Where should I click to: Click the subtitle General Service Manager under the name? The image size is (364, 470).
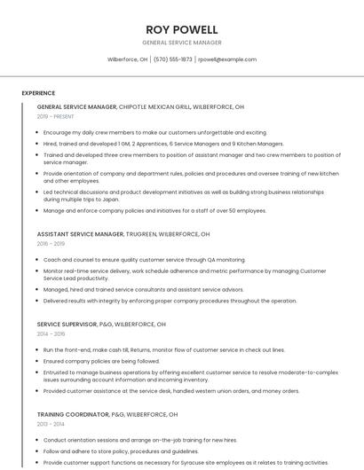point(182,43)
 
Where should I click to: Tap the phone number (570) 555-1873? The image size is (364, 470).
point(172,59)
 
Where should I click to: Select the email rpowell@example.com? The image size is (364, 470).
point(227,59)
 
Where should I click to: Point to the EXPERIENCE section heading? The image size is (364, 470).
point(38,93)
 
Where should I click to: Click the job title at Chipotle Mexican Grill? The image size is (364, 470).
point(76,106)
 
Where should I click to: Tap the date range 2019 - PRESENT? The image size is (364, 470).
point(56,116)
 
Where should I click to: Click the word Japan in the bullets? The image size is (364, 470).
point(110,200)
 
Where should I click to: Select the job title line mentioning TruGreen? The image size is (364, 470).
point(123,234)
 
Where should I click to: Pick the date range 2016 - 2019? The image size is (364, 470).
point(51,243)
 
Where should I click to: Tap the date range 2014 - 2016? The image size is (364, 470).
point(51,333)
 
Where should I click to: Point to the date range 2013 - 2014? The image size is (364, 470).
point(51,424)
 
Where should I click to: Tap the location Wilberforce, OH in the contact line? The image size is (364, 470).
point(128,59)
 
